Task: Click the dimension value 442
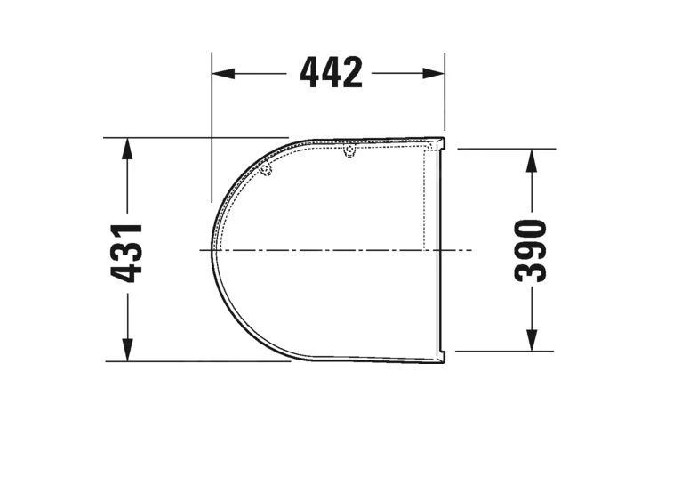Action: click(331, 73)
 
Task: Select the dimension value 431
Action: click(128, 253)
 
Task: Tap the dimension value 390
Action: click(531, 250)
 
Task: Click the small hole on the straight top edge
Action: click(349, 153)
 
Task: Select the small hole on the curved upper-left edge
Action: click(266, 171)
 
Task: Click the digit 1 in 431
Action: click(128, 231)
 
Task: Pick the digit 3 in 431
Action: click(128, 252)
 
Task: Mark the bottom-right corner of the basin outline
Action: click(443, 361)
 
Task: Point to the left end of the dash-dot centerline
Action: click(200, 250)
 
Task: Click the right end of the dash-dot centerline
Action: click(472, 250)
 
